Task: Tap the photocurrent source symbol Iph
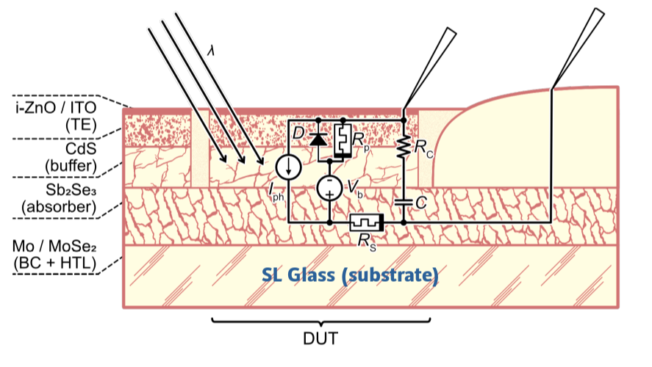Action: pyautogui.click(x=288, y=167)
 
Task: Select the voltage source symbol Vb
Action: pyautogui.click(x=329, y=188)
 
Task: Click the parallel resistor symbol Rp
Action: pyautogui.click(x=343, y=139)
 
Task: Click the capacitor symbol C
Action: pyautogui.click(x=404, y=201)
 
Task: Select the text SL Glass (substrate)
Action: pyautogui.click(x=349, y=275)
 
